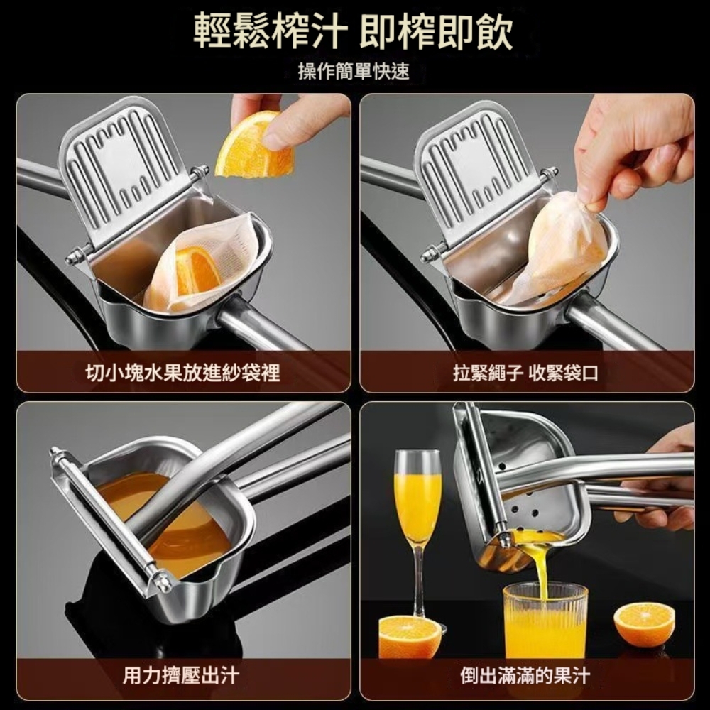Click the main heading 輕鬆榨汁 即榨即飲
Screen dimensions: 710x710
[x=354, y=31]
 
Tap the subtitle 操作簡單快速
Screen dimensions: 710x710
[x=354, y=71]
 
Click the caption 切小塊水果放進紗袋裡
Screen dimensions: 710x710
[x=183, y=373]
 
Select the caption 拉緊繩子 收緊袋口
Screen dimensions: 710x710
[x=525, y=373]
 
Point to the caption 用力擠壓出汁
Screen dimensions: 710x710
[x=181, y=676]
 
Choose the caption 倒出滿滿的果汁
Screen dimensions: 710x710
[x=525, y=676]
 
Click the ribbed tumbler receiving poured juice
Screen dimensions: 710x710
[x=545, y=621]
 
